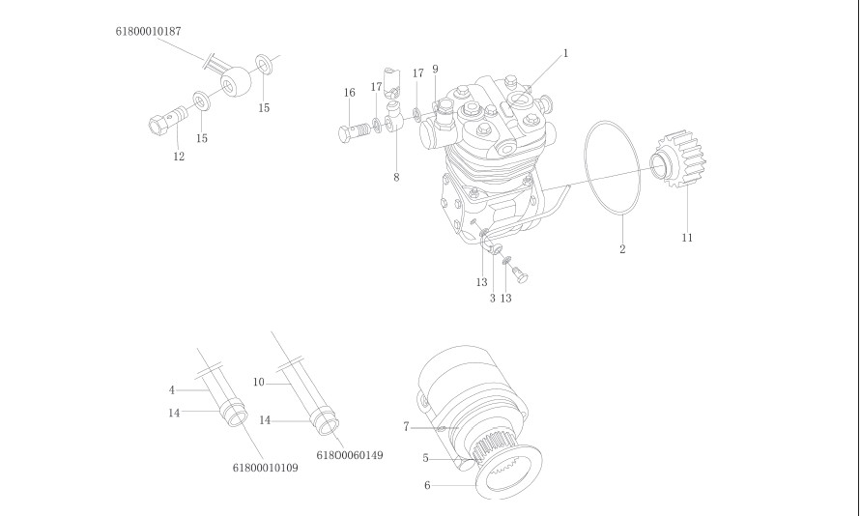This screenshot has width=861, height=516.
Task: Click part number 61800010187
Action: pyautogui.click(x=147, y=32)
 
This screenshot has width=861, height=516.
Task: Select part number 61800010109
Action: pyautogui.click(x=266, y=468)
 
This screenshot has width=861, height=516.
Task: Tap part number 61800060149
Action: pyautogui.click(x=349, y=454)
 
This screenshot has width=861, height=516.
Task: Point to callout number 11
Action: pyautogui.click(x=687, y=237)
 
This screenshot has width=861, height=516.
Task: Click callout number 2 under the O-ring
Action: pyautogui.click(x=622, y=249)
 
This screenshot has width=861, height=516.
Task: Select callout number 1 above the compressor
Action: pyautogui.click(x=565, y=53)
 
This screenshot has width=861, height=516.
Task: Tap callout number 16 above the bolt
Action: pyautogui.click(x=350, y=92)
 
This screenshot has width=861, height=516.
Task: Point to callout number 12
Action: pyautogui.click(x=179, y=157)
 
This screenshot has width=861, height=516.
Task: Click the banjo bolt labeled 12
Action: pyautogui.click(x=166, y=122)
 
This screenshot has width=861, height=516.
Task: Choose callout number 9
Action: pyautogui.click(x=435, y=69)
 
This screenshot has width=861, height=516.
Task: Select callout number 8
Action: pyautogui.click(x=396, y=177)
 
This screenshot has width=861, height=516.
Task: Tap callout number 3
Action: pyautogui.click(x=492, y=298)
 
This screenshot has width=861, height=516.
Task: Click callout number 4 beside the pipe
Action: pyautogui.click(x=171, y=390)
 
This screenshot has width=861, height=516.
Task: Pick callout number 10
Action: pyautogui.click(x=258, y=383)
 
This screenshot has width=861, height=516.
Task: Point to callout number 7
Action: pyautogui.click(x=406, y=426)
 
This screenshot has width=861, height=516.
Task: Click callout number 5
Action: pyautogui.click(x=425, y=458)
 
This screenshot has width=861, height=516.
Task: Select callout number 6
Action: pyautogui.click(x=427, y=486)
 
